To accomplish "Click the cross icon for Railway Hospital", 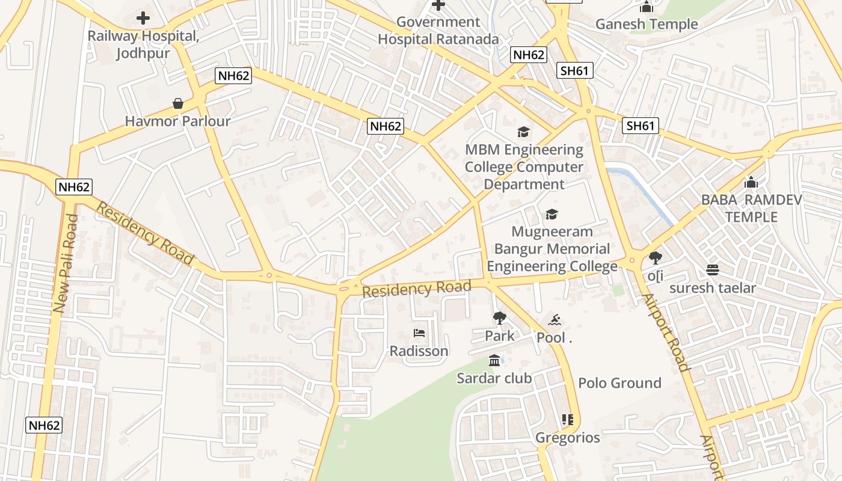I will [143, 18].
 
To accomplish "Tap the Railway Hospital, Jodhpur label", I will [143, 44].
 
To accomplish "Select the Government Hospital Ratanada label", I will [438, 31].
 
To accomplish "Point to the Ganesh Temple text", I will [647, 25].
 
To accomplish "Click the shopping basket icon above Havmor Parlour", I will [178, 103].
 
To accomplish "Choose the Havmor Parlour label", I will [178, 121].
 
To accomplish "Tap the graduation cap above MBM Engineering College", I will [524, 132].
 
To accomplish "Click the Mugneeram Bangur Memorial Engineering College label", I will [552, 249].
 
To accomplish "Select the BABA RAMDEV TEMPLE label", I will [751, 208].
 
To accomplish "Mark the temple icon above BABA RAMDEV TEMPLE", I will [751, 182].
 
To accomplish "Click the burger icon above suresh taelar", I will [713, 269].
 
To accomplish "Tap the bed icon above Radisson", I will [419, 333].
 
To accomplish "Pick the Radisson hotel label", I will [419, 351].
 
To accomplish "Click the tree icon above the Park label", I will [499, 317].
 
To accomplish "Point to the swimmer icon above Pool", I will [554, 319].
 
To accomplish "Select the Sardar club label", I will [494, 378].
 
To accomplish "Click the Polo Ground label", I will [619, 383].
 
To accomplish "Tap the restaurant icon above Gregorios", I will [567, 419].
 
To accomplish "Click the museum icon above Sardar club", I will [494, 360].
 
